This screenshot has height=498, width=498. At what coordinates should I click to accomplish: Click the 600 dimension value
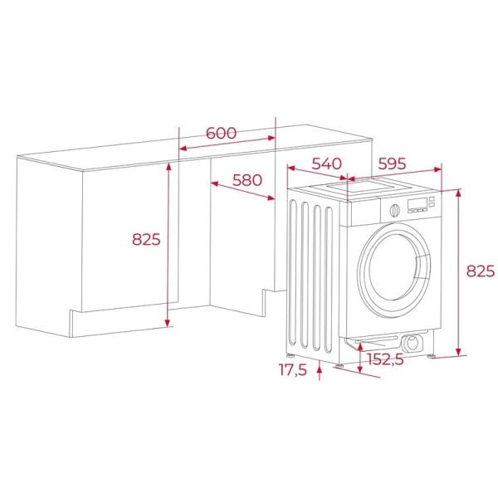(x=222, y=133)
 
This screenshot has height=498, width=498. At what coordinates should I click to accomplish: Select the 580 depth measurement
(x=247, y=180)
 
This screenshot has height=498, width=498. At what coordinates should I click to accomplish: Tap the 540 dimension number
(x=327, y=164)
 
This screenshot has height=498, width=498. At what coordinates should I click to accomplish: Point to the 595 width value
(x=392, y=164)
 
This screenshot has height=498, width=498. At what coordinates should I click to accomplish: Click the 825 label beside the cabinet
(x=145, y=240)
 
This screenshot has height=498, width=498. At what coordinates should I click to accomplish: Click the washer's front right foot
(x=432, y=357)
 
